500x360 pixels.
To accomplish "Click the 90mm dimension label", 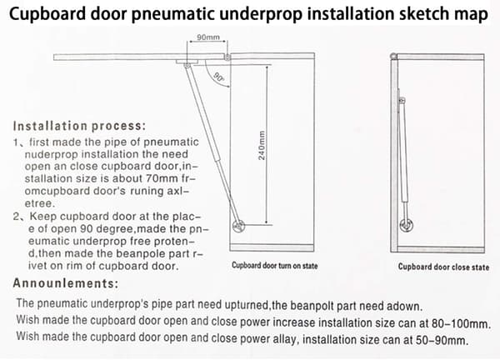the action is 208,37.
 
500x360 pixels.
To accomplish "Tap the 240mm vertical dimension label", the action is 262,145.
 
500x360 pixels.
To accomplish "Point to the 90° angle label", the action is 218,77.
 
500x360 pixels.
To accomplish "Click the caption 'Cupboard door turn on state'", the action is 274,266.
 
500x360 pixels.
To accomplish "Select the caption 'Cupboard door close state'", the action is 443,267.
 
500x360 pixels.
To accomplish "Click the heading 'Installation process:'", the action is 79,126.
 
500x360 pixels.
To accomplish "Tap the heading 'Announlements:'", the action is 65,283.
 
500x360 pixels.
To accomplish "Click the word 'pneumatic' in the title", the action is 173,14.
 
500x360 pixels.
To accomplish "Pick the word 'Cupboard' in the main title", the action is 47,14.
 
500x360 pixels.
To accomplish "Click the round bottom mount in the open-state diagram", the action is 238,226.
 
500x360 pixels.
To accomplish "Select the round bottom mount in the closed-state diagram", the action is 406,226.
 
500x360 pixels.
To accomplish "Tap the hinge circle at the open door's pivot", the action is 227,57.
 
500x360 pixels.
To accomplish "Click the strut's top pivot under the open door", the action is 187,65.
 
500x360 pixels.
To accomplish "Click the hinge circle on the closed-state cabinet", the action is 393,57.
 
